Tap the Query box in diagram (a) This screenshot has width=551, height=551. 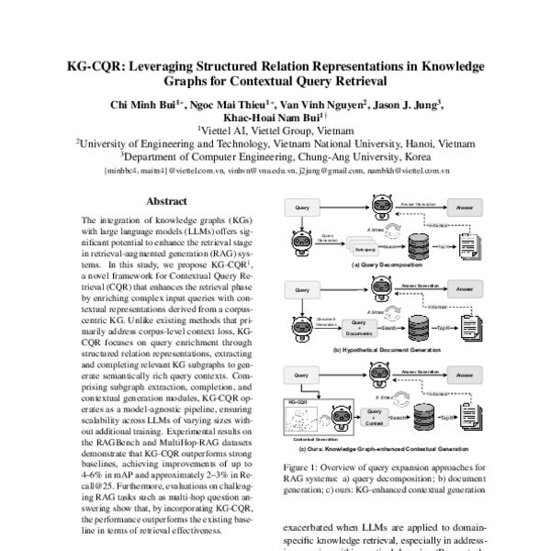click(x=302, y=209)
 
